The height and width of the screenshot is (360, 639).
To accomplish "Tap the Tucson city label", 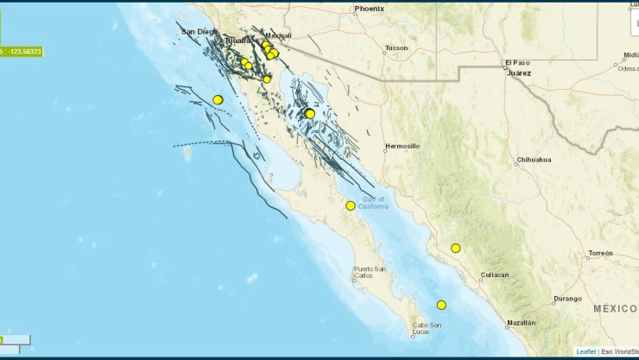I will [396, 47].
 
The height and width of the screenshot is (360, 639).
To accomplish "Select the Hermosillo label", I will [402, 146].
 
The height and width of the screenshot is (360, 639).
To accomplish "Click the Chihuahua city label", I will [533, 160].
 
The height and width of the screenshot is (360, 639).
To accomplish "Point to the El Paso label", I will [516, 63].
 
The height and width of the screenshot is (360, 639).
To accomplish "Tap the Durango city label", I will [568, 298].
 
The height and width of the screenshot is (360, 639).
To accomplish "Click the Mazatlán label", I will [521, 323].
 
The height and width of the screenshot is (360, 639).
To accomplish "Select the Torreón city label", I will [599, 254].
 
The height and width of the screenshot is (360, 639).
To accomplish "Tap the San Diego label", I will [199, 31].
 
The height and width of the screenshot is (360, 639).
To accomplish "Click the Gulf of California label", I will [374, 203].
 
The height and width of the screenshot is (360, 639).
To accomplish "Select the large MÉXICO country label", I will [615, 308].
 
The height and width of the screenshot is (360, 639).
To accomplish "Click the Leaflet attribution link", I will [585, 352].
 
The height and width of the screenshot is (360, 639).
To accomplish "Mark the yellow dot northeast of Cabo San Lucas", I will [441, 305].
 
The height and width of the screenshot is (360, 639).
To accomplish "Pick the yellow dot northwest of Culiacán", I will [455, 249].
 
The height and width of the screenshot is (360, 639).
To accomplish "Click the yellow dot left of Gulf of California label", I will [350, 205].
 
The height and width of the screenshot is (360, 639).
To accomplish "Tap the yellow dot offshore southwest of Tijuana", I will [218, 99].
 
